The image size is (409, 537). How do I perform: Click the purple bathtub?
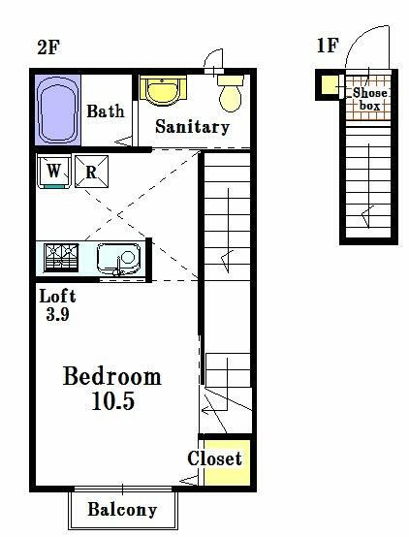click(57, 110)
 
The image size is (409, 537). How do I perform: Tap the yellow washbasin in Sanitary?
click(163, 90)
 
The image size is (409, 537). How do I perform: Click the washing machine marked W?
click(54, 172)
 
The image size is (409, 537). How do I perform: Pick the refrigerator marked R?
click(91, 172)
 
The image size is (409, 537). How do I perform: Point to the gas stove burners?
click(61, 258)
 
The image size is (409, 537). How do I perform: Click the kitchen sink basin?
click(118, 259)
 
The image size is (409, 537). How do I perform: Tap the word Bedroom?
click(112, 376)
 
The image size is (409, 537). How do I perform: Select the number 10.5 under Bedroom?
click(112, 400)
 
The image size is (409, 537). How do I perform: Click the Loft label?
click(57, 296)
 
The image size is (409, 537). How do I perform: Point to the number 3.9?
click(57, 314)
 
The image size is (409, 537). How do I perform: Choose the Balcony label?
click(122, 509)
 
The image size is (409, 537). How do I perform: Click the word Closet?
click(215, 458)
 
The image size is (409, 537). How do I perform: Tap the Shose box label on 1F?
click(369, 99)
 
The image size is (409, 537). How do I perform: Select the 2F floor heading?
click(48, 47)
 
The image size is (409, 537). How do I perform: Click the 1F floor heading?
click(328, 45)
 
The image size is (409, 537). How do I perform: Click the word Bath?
click(106, 111)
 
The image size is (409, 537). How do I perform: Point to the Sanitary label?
click(192, 127)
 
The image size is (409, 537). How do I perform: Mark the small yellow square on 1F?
click(330, 84)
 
